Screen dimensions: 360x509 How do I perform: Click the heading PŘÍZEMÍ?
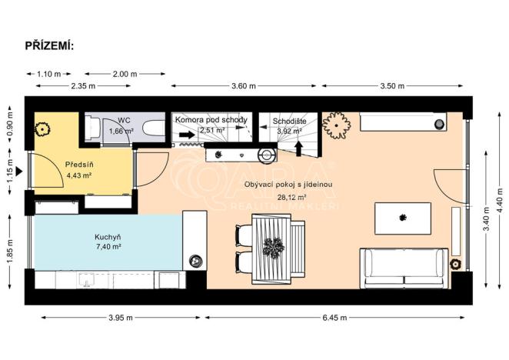point(50,45)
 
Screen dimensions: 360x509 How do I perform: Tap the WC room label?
point(123,121)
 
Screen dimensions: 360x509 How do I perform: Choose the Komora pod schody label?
point(211,121)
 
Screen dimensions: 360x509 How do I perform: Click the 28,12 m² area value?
point(288,195)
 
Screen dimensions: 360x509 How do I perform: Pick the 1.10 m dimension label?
point(48,74)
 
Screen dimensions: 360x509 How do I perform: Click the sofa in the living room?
point(404,265)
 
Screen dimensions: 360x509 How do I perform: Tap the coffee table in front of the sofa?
point(402,218)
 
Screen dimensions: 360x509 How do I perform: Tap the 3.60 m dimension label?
point(245,86)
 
